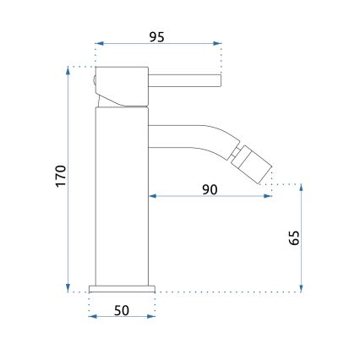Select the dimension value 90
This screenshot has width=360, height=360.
tap(210, 188)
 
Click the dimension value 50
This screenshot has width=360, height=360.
tap(122, 311)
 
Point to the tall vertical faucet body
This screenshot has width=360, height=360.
tap(123, 194)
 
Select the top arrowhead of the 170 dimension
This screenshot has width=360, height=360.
tap(67, 70)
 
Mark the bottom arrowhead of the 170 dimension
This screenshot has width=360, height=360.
tap(67, 288)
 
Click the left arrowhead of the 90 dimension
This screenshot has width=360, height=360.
tap(153, 198)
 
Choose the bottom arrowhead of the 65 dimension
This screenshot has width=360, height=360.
tap(302, 288)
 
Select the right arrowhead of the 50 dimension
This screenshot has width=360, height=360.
tap(153, 319)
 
